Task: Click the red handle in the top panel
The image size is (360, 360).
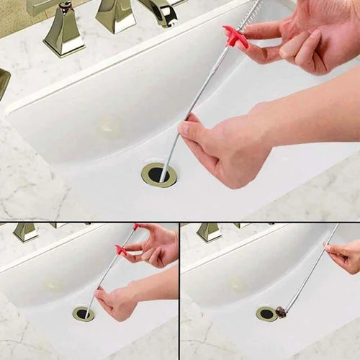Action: pyautogui.click(x=235, y=36)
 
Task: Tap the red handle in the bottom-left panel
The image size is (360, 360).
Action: pyautogui.click(x=121, y=250)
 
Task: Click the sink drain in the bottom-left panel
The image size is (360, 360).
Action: pyautogui.click(x=83, y=314)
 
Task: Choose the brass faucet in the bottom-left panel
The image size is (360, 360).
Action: pyautogui.click(x=25, y=231)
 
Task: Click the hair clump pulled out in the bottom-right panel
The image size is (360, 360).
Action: pyautogui.click(x=280, y=312)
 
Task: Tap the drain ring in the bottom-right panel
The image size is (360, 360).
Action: pyautogui.click(x=266, y=313)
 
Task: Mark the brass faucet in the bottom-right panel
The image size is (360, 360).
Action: pyautogui.click(x=209, y=231)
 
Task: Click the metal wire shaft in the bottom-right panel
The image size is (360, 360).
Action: pyautogui.click(x=306, y=274)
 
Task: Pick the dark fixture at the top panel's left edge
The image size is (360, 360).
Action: pyautogui.click(x=4, y=83)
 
